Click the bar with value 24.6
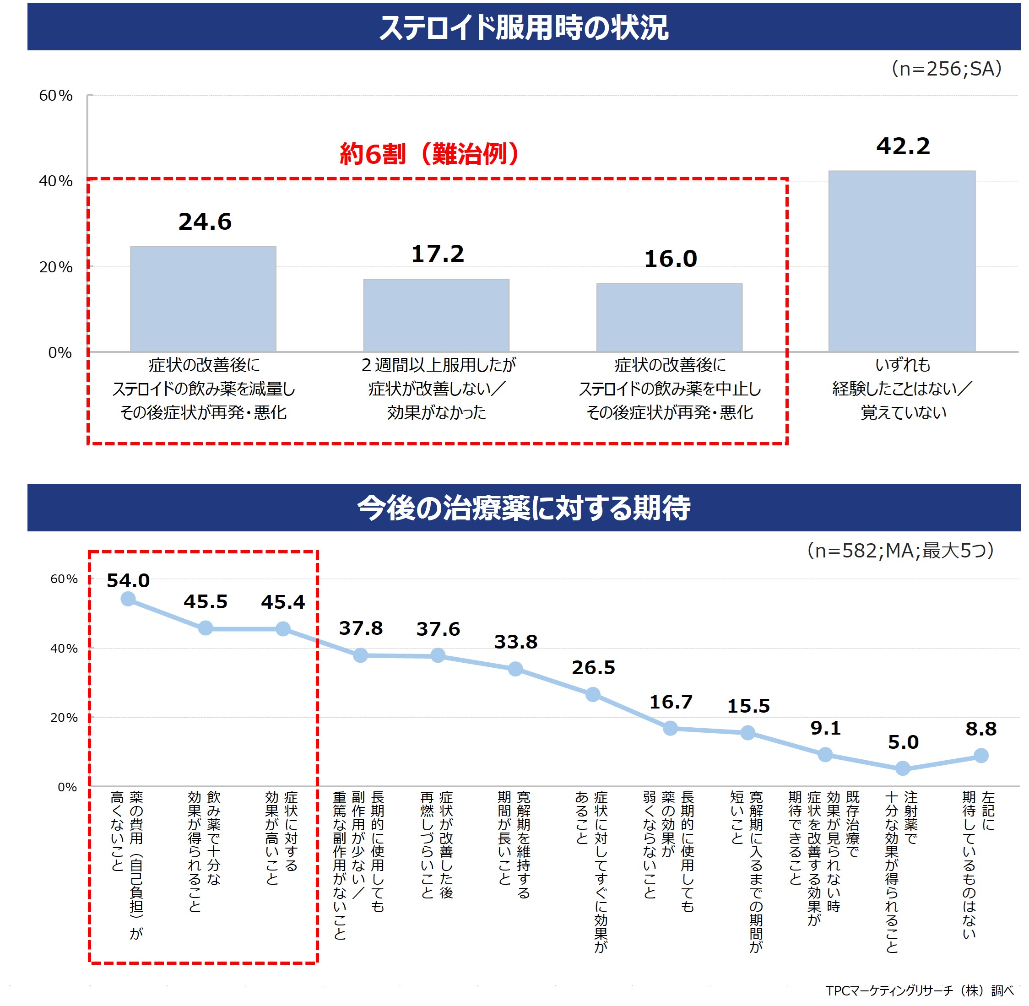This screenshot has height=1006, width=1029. (203, 298)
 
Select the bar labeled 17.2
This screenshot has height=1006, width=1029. (436, 315)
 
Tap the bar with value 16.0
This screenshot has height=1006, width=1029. (669, 317)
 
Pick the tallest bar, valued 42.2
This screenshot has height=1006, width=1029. (902, 261)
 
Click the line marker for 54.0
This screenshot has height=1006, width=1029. (128, 599)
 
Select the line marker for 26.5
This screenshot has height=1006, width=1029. (593, 694)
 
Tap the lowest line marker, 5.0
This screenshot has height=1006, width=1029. (903, 768)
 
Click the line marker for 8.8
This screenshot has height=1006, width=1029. (981, 756)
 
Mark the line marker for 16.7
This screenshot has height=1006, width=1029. (670, 729)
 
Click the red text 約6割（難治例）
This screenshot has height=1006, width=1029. (429, 154)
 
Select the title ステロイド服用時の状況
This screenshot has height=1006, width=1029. (523, 27)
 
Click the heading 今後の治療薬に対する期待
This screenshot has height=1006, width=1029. (523, 508)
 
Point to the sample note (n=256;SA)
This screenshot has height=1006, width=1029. (946, 69)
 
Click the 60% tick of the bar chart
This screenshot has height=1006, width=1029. (55, 96)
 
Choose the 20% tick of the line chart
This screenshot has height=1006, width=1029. (64, 718)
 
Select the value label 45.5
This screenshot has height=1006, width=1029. (206, 602)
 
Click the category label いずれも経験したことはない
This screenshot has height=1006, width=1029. (903, 388)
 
